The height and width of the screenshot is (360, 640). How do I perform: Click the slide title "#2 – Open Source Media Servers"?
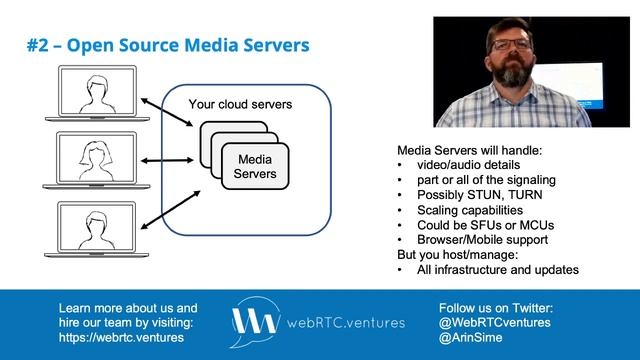(x=167, y=46)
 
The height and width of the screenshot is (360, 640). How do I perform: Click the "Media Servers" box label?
(x=254, y=167)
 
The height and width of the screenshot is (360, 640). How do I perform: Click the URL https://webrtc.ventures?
(x=121, y=338)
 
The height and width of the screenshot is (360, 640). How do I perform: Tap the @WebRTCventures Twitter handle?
(x=496, y=323)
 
